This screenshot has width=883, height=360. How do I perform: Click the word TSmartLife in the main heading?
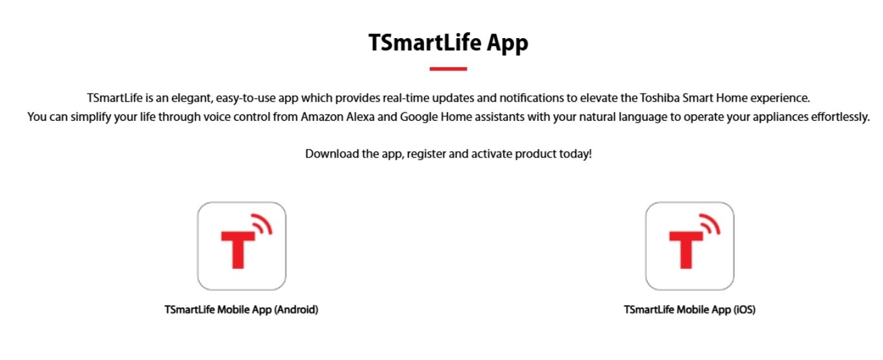pos(425,42)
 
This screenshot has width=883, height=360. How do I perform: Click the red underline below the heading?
pos(448,69)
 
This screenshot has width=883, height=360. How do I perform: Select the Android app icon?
pos(242,246)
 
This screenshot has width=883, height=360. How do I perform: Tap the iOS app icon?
pos(690,246)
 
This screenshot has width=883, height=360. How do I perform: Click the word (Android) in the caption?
pos(297,310)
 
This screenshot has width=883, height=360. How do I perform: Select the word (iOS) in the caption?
pos(744,310)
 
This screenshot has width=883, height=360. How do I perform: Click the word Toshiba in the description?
pos(659,98)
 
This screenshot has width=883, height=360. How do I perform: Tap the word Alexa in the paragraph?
pos(360,117)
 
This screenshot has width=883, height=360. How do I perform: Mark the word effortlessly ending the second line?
pos(839,118)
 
